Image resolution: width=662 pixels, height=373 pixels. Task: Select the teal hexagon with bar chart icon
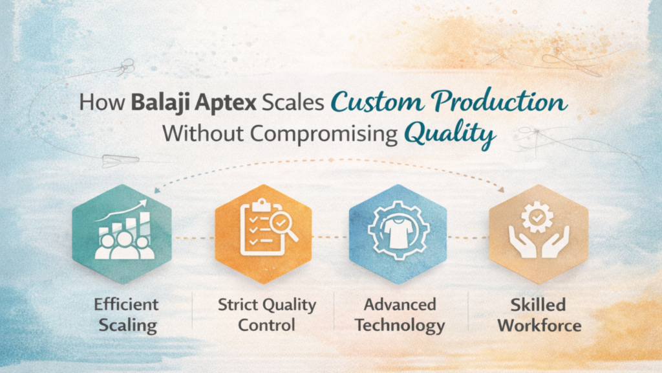click(122, 234)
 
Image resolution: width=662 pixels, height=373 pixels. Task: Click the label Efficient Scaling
click(125, 314)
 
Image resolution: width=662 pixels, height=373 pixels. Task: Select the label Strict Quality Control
click(266, 314)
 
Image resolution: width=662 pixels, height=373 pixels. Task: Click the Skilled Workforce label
click(538, 314)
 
